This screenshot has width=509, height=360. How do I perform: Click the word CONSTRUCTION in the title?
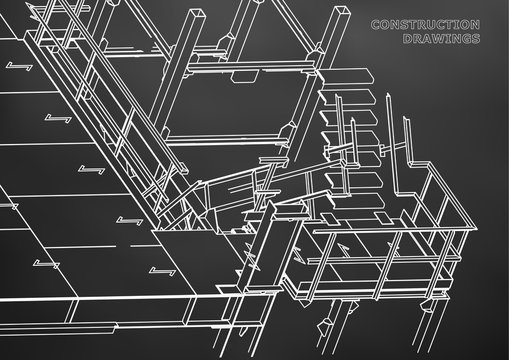pos(424,25)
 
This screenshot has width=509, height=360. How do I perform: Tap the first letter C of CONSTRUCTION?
pos(375,25)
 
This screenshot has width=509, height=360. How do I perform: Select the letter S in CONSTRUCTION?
pos(406,25)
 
